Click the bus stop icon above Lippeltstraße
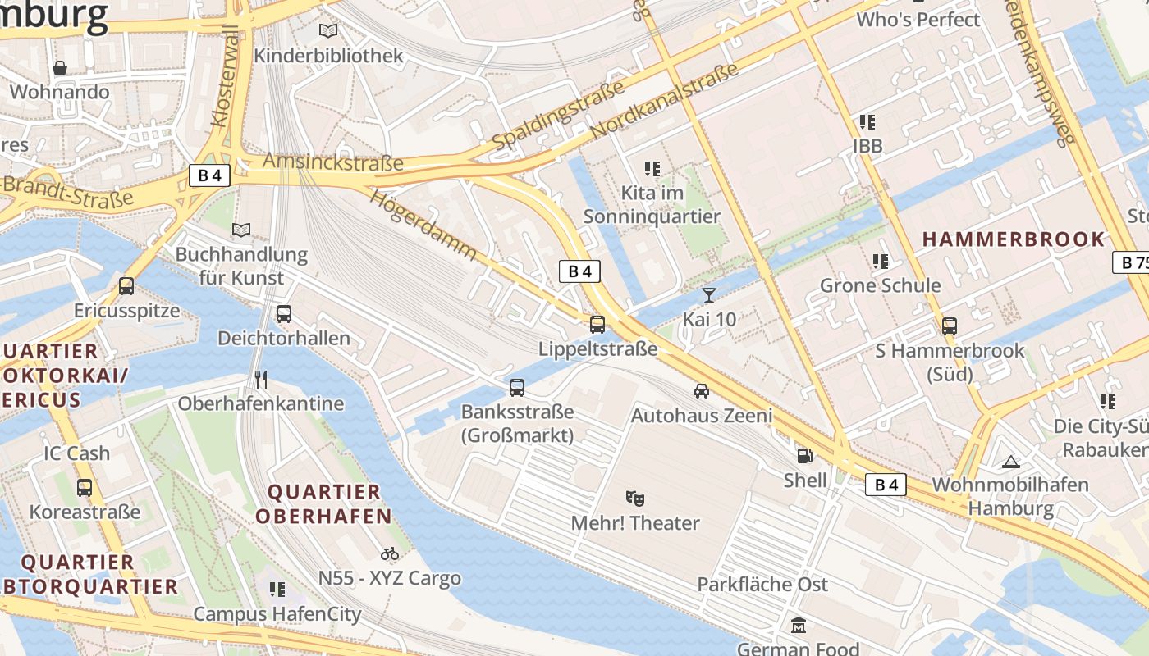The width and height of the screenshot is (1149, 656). [597, 324]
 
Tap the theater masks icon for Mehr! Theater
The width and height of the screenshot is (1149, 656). [635, 498]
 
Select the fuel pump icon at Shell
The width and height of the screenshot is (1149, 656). [805, 455]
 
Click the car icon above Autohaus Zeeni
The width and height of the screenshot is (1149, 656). [702, 391]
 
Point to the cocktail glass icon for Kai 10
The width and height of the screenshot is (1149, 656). [709, 294]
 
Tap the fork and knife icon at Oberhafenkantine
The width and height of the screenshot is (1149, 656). [261, 379]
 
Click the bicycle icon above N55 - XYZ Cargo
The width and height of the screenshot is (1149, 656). [390, 553]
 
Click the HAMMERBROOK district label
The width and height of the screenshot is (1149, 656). [1014, 239]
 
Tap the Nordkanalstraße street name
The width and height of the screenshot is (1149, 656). [665, 102]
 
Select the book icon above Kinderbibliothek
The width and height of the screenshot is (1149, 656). [328, 31]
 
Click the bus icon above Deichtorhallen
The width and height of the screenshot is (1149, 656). [284, 313]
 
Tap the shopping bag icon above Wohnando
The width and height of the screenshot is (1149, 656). [60, 67]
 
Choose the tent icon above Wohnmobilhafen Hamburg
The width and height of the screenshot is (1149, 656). [1010, 461]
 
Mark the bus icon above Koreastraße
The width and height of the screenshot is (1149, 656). [85, 488]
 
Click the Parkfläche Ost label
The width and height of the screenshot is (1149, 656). [762, 585]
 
